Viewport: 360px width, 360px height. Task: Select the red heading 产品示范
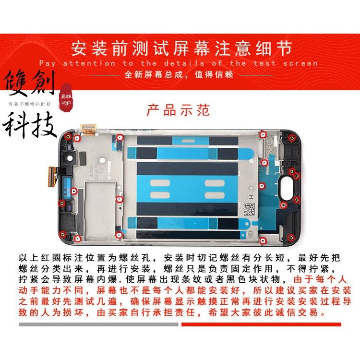(x=179, y=110)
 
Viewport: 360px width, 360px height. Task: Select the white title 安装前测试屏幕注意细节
(x=180, y=48)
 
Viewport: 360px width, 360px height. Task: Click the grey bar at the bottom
(x=98, y=311)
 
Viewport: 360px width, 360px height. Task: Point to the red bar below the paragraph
(x=261, y=311)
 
